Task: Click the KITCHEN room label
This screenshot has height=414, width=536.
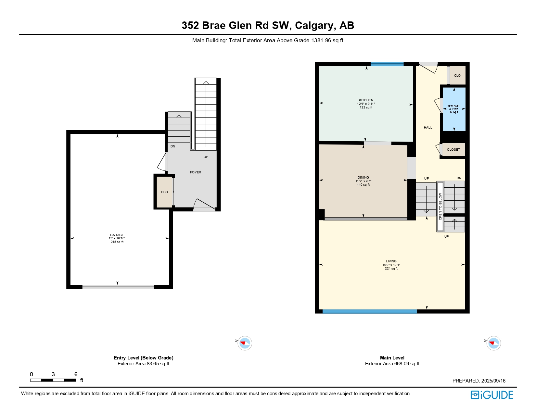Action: [x=366, y=100]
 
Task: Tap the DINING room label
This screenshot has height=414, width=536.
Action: [x=363, y=178]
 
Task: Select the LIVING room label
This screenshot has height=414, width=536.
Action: [x=391, y=261]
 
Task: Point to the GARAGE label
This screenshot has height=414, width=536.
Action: [x=117, y=235]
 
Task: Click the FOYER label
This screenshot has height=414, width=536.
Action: [x=196, y=172]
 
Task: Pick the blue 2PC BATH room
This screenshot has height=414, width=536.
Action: [x=454, y=109]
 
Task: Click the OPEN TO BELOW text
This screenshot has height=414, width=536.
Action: [x=440, y=207]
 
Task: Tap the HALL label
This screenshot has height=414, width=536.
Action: [x=428, y=128]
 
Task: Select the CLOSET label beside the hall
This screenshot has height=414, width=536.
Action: [x=453, y=150]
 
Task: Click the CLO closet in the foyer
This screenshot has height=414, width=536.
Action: [x=164, y=192]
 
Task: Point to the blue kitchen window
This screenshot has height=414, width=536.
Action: [x=387, y=64]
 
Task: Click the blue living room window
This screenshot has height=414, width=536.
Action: [x=369, y=312]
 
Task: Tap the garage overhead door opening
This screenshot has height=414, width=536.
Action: [x=118, y=287]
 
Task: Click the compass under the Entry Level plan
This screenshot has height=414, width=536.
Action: [x=245, y=343]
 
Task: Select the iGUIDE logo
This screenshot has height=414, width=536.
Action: [x=492, y=395]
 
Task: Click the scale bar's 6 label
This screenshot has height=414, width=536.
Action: [x=76, y=374]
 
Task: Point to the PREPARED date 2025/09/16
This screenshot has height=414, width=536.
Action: [x=493, y=381]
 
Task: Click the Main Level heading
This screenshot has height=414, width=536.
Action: [x=392, y=358]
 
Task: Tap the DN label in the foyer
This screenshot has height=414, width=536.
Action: [x=173, y=146]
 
